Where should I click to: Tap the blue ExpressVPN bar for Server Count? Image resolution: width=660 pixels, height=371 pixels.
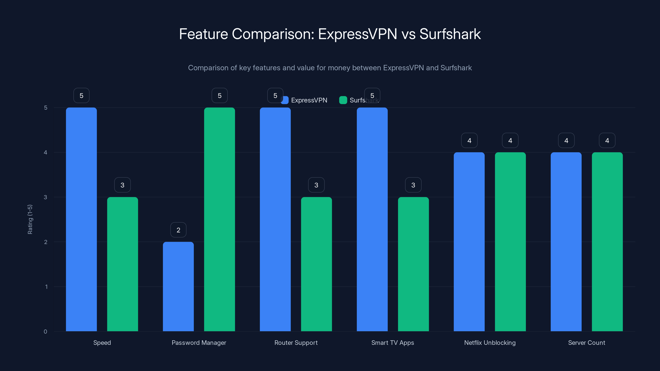(x=566, y=242)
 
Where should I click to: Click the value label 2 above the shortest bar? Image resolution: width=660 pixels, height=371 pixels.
(x=178, y=230)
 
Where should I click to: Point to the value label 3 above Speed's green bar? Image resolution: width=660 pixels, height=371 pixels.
(x=123, y=185)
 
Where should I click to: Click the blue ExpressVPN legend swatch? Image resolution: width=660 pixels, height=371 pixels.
(x=285, y=100)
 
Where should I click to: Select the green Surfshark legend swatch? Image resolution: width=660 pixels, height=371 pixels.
(x=343, y=100)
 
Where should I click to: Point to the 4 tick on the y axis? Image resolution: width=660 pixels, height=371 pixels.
(x=45, y=152)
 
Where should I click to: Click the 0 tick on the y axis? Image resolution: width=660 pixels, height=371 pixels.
(x=45, y=332)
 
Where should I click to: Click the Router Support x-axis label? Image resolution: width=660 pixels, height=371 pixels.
(x=296, y=343)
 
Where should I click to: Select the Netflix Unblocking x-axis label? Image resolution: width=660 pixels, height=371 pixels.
(x=490, y=343)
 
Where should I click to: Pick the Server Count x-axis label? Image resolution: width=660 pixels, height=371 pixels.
(x=586, y=343)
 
